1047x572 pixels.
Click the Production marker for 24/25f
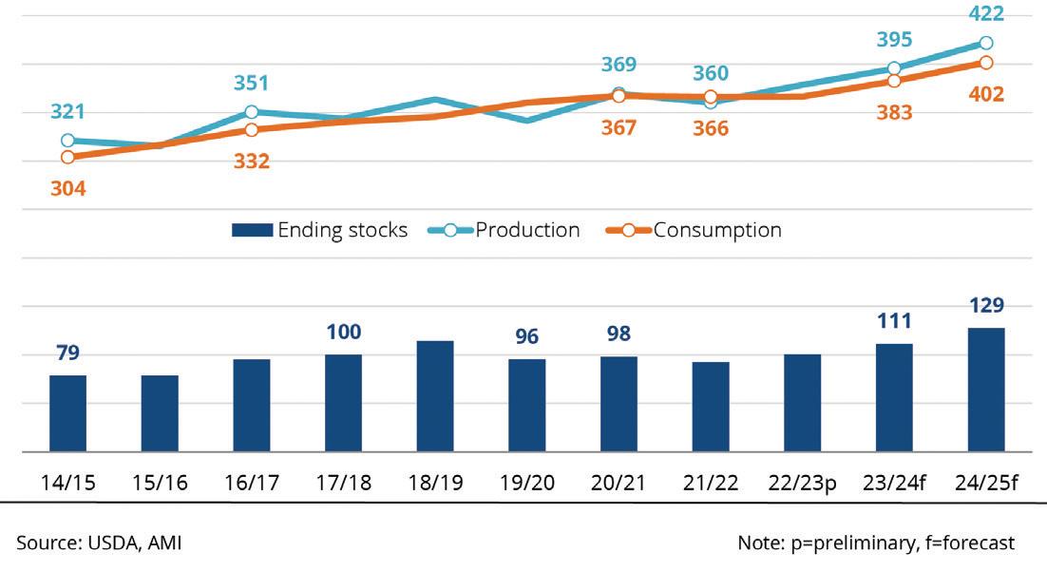click(986, 43)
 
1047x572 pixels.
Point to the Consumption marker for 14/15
click(67, 157)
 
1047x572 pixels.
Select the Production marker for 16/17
click(251, 112)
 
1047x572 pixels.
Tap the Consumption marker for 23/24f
click(894, 81)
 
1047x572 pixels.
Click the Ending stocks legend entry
click(319, 230)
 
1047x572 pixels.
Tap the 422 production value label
click(987, 13)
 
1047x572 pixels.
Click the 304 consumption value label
click(67, 188)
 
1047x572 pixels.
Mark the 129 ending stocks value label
click(986, 306)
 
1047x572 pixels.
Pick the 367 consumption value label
click(619, 126)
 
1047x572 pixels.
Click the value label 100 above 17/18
click(343, 333)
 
